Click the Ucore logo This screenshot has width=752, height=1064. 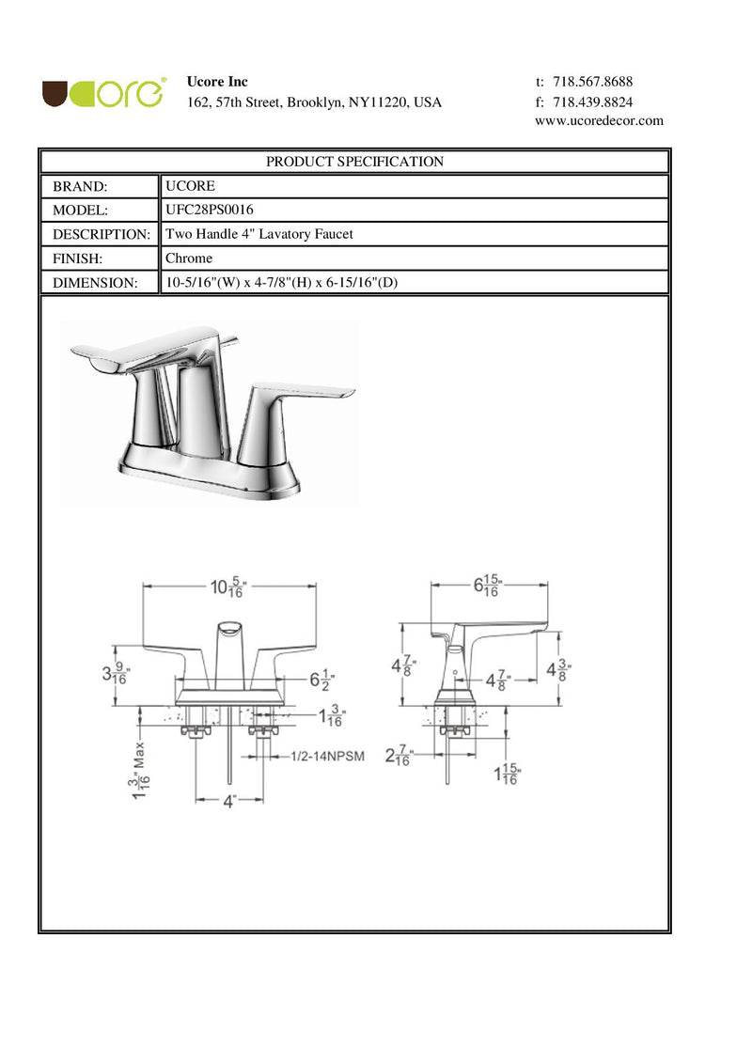coord(103,93)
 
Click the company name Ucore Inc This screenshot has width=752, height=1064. coord(217,82)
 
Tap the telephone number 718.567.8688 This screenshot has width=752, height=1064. coord(592,82)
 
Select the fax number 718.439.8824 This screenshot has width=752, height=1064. coord(592,102)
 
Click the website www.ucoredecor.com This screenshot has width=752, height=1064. coord(599,121)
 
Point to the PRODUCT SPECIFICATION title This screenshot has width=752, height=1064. coord(354,162)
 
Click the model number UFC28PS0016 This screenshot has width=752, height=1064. coord(209,210)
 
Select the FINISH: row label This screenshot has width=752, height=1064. coord(77,258)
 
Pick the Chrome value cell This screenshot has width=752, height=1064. coord(189,258)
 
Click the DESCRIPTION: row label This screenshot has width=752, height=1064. coord(102,234)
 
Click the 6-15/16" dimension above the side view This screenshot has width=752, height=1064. coord(488,586)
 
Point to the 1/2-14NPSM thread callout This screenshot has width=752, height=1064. coord(328,756)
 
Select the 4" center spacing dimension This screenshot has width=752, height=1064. coord(229,802)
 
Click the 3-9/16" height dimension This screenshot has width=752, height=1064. coord(116,674)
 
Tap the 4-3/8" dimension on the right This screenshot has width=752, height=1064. coord(559,670)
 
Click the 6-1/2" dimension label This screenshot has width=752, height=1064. coord(322,680)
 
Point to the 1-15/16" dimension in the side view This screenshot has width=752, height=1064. coord(507,775)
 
